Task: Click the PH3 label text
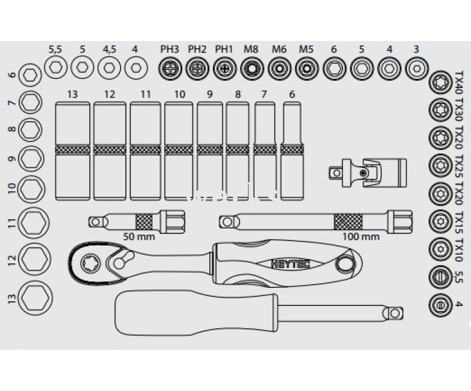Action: coord(169,49)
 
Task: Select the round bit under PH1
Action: coord(224,67)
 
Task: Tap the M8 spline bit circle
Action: coord(252,67)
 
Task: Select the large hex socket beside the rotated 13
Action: coord(34,298)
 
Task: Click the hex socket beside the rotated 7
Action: coord(30,102)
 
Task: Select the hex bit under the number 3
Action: coord(416,67)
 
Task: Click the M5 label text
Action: coord(306,49)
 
